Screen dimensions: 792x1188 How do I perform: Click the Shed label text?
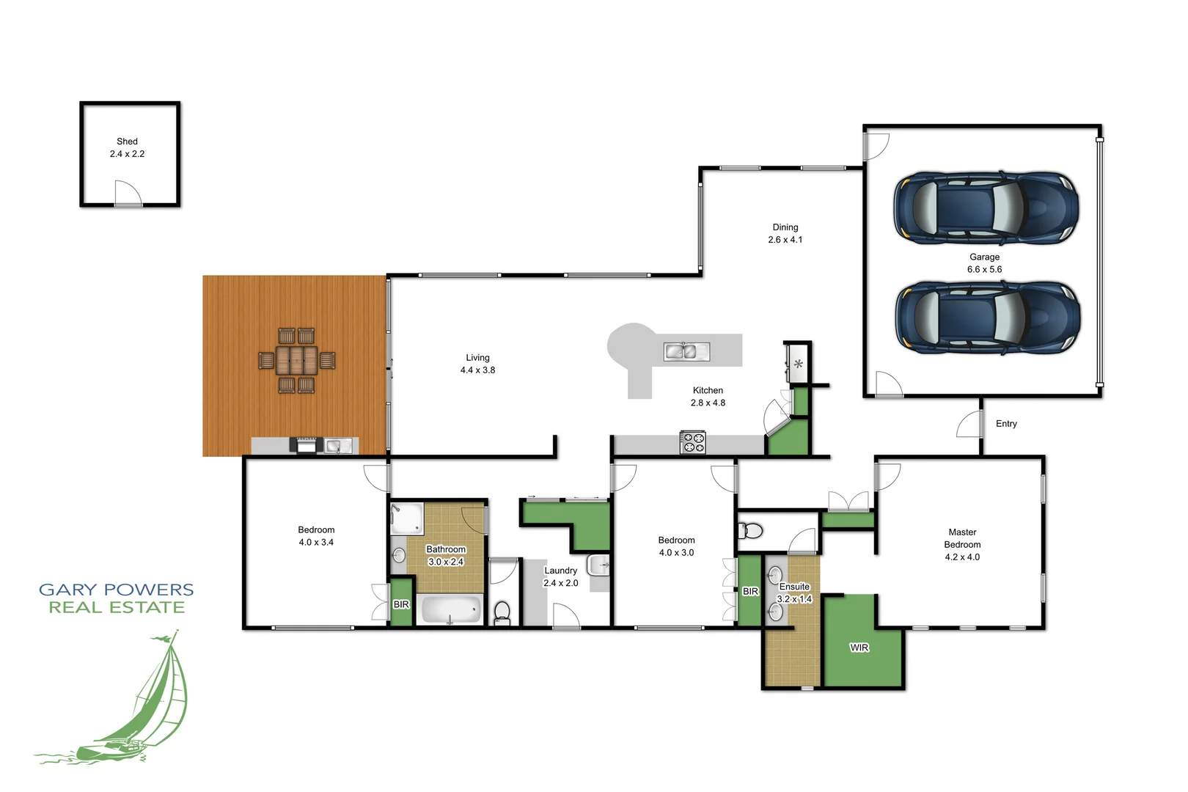pos(127,142)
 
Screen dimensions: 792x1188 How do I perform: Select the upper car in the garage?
pos(986,208)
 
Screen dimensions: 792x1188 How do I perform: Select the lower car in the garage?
pos(987,318)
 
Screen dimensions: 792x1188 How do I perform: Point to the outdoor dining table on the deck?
pos(296,360)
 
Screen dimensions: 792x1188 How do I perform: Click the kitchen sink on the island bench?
pos(686,351)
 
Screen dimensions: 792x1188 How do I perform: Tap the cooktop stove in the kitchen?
pos(692,443)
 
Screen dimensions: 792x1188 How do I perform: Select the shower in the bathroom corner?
pos(406,518)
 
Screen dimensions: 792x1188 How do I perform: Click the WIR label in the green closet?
pos(859,648)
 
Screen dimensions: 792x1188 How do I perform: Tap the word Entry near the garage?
pos(1006,424)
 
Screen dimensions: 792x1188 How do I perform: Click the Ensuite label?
pos(794,587)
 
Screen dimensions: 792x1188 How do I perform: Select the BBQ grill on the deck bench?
pos(306,444)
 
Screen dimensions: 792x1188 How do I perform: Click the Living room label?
pos(477,358)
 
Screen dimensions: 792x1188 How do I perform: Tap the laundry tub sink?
pos(598,565)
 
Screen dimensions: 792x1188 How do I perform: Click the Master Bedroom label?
pos(962,538)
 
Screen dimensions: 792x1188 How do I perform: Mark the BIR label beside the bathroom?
pos(401,604)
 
